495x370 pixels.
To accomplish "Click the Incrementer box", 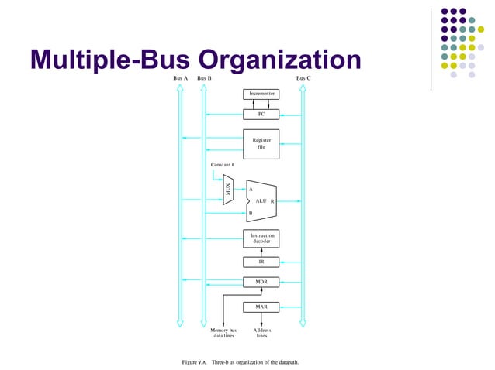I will (x=261, y=94).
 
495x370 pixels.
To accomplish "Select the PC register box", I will (x=261, y=114).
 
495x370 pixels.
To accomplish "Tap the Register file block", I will (x=261, y=143).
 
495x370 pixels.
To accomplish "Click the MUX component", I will (x=228, y=190).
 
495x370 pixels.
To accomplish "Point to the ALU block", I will (x=261, y=201).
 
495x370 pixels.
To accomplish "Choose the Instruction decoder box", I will (x=261, y=238).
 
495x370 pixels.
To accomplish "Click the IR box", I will (x=261, y=262).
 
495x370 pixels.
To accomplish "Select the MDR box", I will (x=261, y=282).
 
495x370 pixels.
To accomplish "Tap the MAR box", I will (x=261, y=307).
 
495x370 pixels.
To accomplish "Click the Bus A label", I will (x=180, y=78).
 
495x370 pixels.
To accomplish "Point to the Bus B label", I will (x=204, y=78).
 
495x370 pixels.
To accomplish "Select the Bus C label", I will (x=303, y=78).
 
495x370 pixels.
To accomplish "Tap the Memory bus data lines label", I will (x=223, y=333).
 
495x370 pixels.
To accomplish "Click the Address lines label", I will (x=262, y=333).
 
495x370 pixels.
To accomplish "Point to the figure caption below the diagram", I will (x=240, y=362).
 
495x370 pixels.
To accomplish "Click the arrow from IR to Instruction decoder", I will (x=261, y=251).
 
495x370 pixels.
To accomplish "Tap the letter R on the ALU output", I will (x=272, y=201).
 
